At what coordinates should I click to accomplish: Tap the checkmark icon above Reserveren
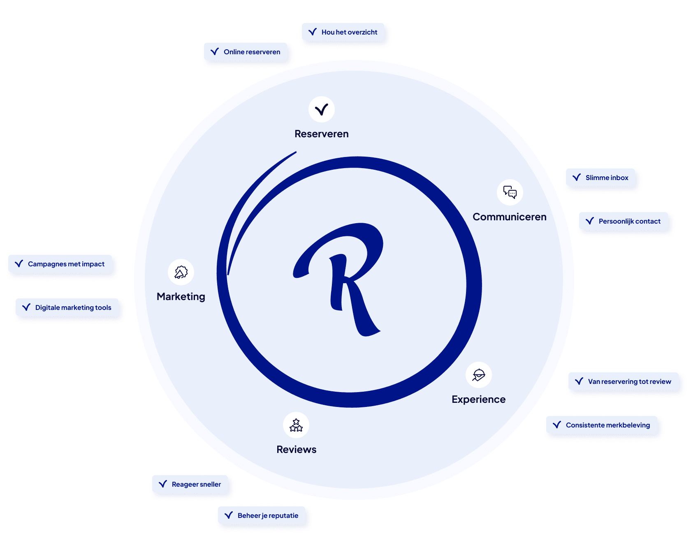[x=322, y=109]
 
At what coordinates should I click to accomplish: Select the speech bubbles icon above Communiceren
[x=510, y=192]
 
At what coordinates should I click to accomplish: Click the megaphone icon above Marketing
[x=181, y=272]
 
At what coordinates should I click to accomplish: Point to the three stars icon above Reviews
[x=296, y=425]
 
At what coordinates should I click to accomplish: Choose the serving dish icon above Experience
[x=479, y=375]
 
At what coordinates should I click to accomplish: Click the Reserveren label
[x=322, y=134]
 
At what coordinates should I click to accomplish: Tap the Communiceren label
[x=510, y=217]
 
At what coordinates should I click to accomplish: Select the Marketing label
[x=181, y=297]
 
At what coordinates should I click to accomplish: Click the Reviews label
[x=297, y=450]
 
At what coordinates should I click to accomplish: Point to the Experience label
[x=479, y=400]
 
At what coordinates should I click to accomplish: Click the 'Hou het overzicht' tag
[x=343, y=32]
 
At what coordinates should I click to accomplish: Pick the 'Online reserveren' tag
[x=246, y=52]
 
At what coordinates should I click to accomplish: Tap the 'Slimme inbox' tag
[x=601, y=178]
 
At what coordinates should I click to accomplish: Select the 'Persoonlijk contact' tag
[x=624, y=221]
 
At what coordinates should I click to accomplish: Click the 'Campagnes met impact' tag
[x=60, y=264]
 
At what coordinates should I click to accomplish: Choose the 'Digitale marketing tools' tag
[x=67, y=307]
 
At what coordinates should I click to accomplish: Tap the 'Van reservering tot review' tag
[x=624, y=381]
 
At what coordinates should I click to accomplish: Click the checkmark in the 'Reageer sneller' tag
[x=163, y=484]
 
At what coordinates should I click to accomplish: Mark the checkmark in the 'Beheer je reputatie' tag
[x=229, y=515]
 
